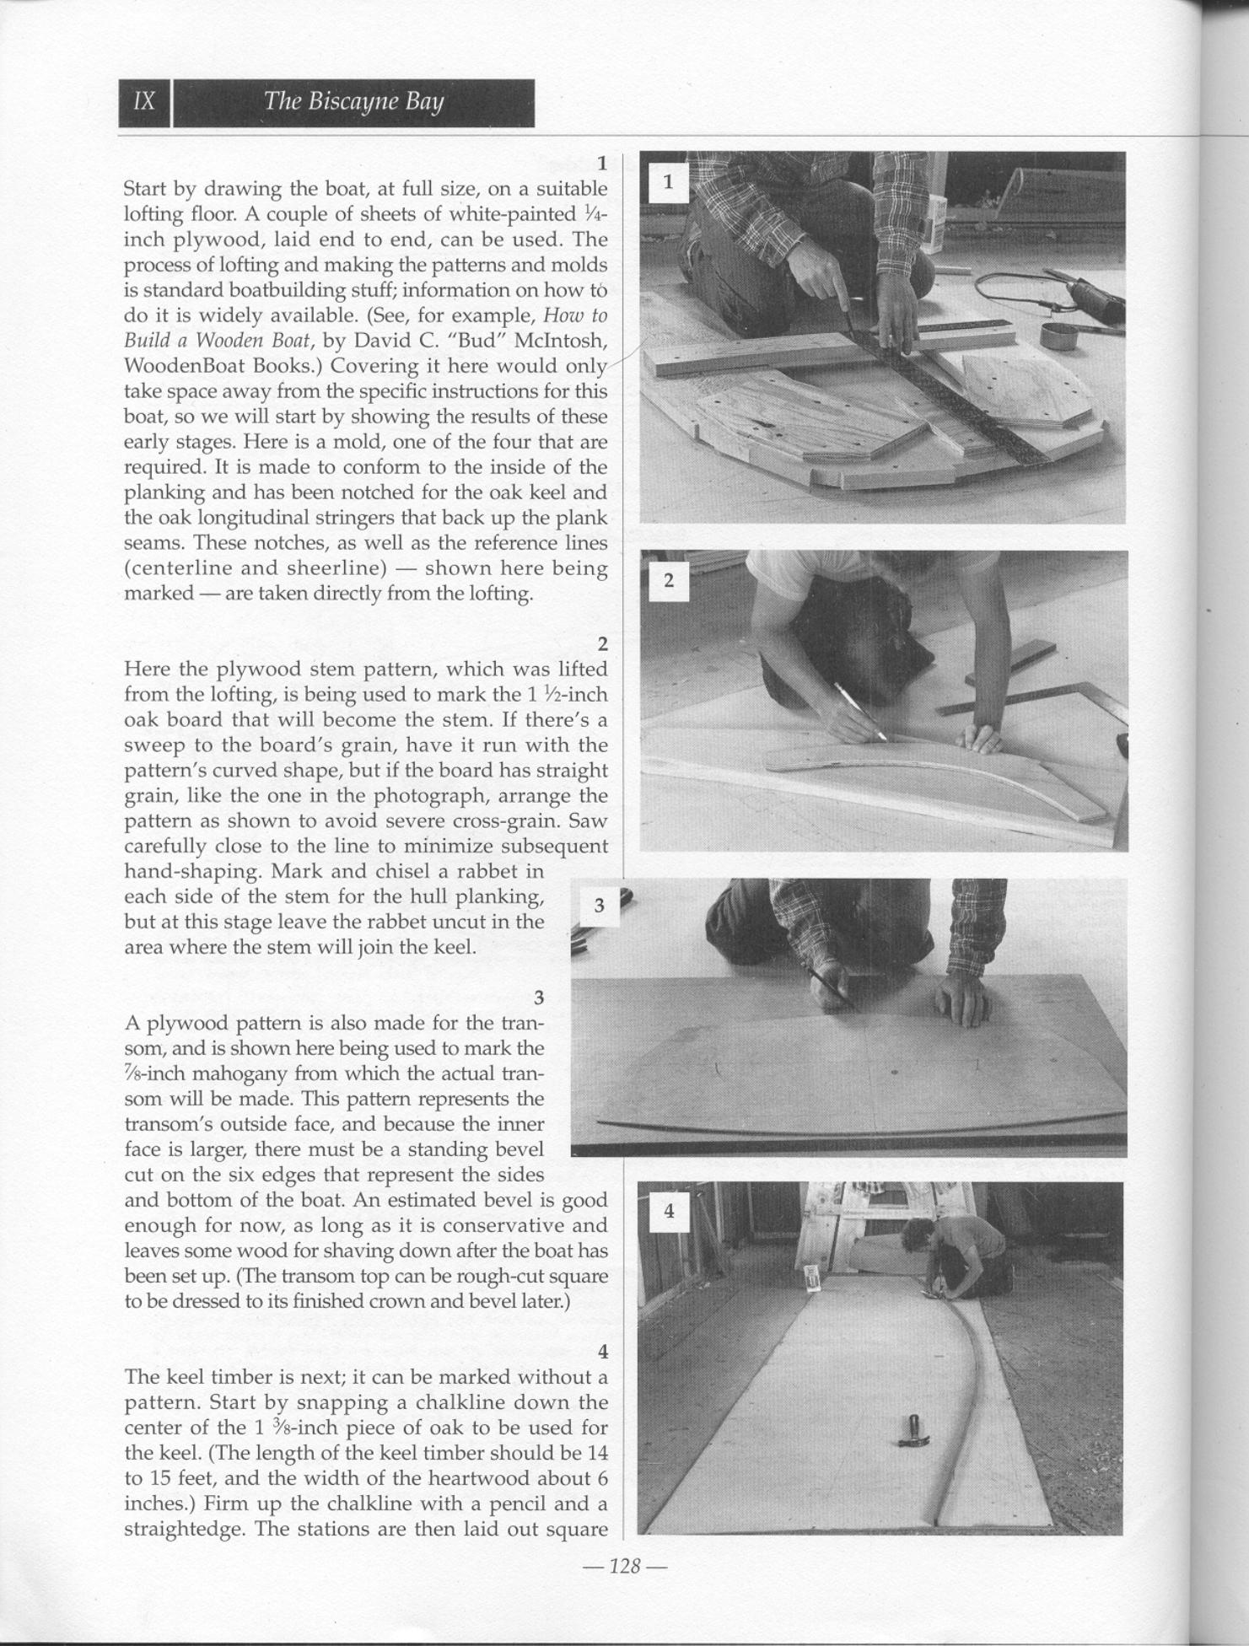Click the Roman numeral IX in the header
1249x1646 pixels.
[145, 102]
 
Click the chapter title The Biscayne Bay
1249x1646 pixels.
[353, 102]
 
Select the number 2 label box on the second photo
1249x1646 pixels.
[668, 581]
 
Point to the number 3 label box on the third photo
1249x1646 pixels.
[599, 906]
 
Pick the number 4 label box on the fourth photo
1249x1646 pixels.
[669, 1211]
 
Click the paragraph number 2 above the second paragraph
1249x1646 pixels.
[602, 644]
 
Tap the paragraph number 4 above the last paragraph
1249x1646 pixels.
[602, 1352]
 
